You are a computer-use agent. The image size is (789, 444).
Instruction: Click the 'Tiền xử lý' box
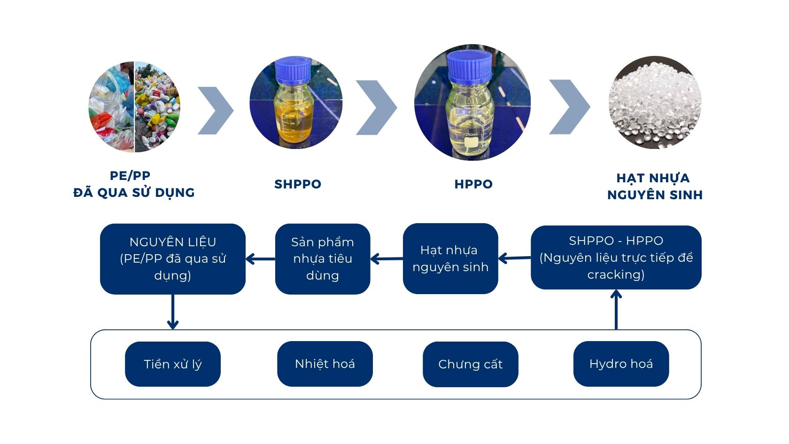pyautogui.click(x=172, y=364)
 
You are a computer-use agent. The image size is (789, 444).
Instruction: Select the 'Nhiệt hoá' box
pyautogui.click(x=325, y=364)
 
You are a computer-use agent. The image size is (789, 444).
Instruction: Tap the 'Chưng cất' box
pyautogui.click(x=470, y=364)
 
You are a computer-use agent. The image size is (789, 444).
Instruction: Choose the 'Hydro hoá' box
pyautogui.click(x=621, y=364)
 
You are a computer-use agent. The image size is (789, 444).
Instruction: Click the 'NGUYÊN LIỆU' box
pyautogui.click(x=172, y=259)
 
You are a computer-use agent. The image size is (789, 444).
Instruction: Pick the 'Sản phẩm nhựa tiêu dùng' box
pyautogui.click(x=322, y=259)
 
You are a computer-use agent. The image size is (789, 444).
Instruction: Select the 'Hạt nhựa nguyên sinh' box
pyautogui.click(x=450, y=259)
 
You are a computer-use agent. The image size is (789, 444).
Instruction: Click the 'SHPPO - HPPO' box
pyautogui.click(x=616, y=257)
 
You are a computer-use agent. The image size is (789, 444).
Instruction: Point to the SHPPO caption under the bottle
pyautogui.click(x=298, y=184)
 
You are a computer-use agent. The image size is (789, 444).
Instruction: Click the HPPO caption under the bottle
pyautogui.click(x=473, y=184)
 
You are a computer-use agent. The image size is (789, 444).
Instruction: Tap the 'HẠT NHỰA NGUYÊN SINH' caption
pyautogui.click(x=655, y=187)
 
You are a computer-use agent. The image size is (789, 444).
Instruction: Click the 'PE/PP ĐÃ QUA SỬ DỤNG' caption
pyautogui.click(x=133, y=184)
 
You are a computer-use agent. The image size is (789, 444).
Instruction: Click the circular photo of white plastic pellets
pyautogui.click(x=655, y=102)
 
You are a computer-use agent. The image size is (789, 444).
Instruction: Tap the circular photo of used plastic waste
pyautogui.click(x=134, y=107)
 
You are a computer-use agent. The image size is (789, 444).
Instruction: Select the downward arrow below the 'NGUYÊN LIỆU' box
pyautogui.click(x=173, y=312)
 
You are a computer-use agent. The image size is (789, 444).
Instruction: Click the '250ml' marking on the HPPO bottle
pyautogui.click(x=471, y=135)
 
